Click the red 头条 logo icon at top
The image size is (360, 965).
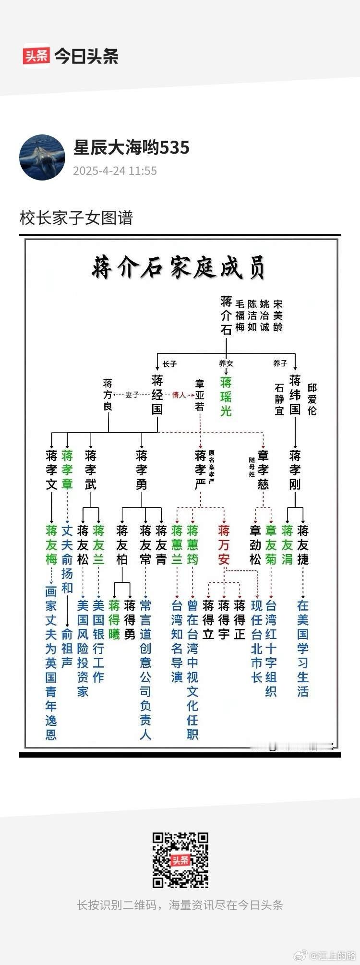36,56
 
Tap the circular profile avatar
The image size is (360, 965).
42,157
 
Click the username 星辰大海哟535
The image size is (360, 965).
131,148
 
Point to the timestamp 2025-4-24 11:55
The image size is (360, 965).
115,171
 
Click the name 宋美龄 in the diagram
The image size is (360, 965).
278,315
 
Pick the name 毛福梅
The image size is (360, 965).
240,315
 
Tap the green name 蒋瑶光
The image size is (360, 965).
226,397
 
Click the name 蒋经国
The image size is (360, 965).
157,395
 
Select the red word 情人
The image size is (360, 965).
179,395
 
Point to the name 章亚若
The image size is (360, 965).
200,396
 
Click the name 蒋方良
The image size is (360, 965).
108,395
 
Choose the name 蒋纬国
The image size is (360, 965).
295,395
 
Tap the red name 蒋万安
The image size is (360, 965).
224,544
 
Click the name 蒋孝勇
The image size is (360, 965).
142,470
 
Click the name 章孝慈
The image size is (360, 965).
263,470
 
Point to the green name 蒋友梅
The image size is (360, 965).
51,544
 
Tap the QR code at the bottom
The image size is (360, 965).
180,860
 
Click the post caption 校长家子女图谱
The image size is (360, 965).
76,218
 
